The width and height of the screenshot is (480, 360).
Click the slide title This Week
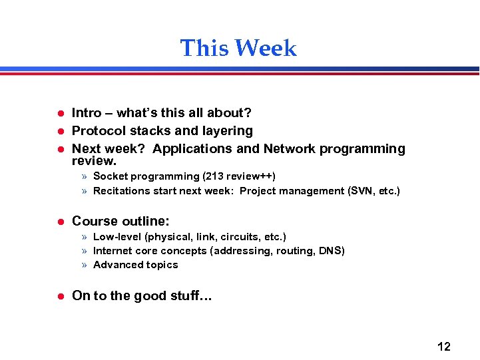[238, 49]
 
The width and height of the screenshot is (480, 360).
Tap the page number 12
[443, 347]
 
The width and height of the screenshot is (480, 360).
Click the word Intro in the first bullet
[87, 113]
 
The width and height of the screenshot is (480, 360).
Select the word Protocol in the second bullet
[98, 131]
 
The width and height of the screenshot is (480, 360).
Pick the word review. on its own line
[94, 161]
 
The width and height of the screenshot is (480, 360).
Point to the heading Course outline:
[120, 221]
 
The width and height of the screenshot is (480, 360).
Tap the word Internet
[113, 251]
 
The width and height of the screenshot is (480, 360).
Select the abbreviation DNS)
[331, 251]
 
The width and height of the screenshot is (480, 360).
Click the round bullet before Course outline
[59, 222]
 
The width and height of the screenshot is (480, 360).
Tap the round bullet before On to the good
[59, 297]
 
